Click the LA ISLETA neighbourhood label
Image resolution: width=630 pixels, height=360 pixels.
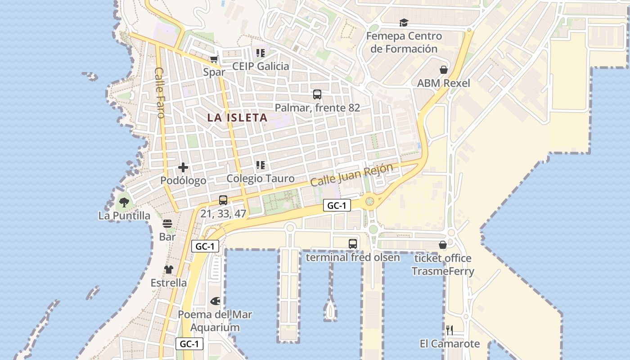click(237, 118)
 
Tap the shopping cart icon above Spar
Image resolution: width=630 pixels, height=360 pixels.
click(214, 59)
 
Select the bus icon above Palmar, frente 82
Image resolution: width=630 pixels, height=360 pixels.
click(317, 94)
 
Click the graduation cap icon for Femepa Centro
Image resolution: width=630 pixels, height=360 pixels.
click(404, 22)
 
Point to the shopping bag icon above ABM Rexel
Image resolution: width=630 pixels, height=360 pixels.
click(444, 70)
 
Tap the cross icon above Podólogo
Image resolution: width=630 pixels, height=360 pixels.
click(183, 167)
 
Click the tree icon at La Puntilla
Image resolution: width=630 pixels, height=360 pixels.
click(124, 202)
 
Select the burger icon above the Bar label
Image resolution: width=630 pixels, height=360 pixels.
click(167, 224)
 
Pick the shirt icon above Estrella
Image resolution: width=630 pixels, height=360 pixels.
click(169, 270)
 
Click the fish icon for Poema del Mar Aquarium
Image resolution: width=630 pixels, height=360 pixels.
click(216, 301)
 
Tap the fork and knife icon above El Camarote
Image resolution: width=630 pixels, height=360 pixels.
click(449, 330)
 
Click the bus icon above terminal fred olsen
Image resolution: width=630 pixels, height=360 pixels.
click(353, 244)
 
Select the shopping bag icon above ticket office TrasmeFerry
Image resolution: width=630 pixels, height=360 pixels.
click(443, 245)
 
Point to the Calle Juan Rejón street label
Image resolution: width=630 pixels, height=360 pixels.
click(351, 175)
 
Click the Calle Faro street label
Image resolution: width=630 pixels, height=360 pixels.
click(159, 92)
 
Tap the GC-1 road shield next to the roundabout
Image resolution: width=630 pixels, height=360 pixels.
click(337, 206)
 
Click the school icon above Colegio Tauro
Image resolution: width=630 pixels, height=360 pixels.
click(260, 165)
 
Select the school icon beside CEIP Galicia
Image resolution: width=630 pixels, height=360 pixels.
click(260, 53)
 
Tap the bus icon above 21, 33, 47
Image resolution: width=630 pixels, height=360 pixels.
click(223, 200)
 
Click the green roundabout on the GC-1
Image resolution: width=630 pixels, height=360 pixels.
click(370, 201)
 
